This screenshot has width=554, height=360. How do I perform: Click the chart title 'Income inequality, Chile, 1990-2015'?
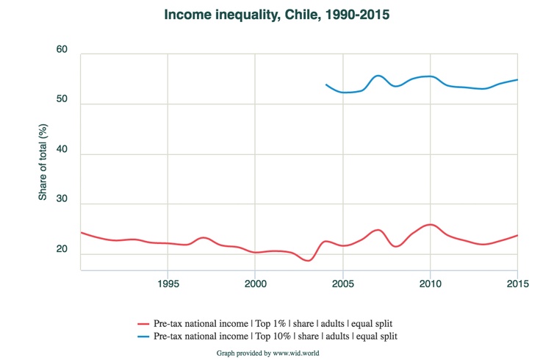pos(276,15)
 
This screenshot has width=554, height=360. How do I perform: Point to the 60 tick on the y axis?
pos(62,51)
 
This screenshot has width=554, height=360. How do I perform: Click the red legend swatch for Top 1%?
pos(144,323)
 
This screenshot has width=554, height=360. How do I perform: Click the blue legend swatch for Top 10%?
pos(144,336)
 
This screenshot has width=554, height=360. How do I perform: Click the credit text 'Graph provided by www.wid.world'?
pos(267,353)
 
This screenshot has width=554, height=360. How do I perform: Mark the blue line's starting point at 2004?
pos(325,85)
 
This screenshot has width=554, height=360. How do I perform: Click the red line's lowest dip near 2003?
pos(309,260)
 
